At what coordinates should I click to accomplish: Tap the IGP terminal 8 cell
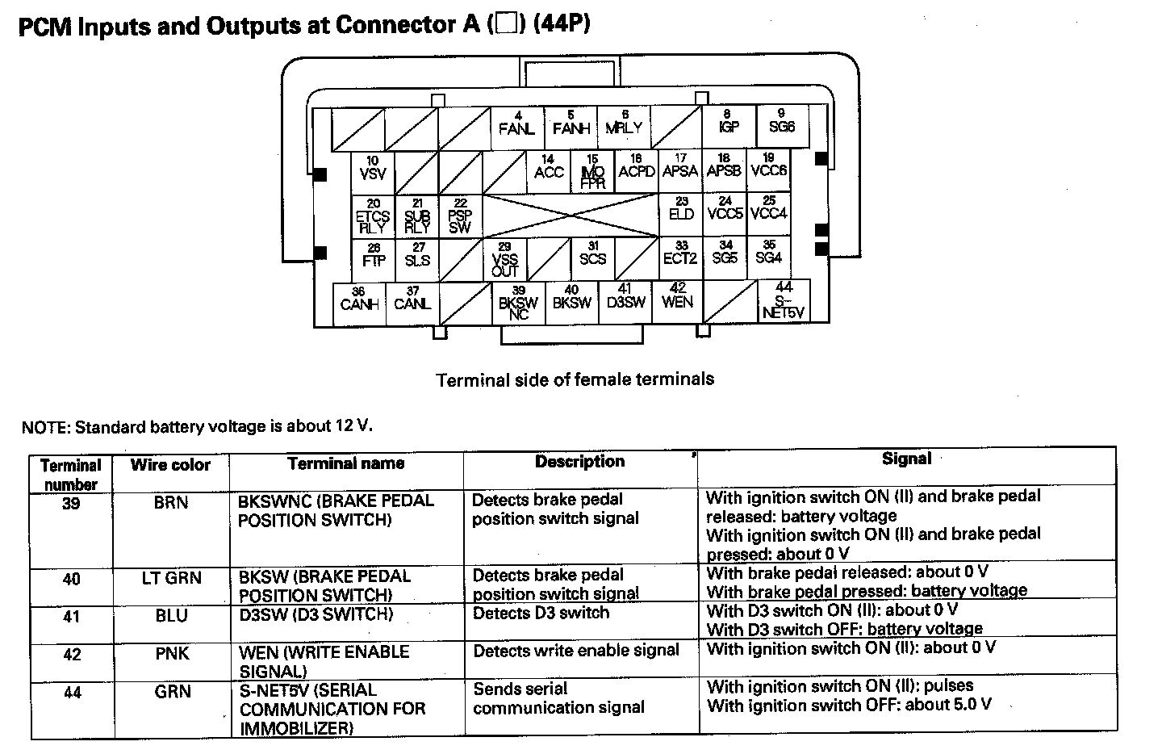pos(729,124)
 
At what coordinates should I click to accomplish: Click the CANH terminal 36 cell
pos(360,300)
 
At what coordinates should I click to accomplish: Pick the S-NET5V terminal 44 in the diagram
pos(784,301)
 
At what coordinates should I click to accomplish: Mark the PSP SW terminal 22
pos(460,216)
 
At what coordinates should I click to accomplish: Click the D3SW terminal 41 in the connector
pos(625,298)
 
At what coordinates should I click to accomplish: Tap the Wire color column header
pos(170,466)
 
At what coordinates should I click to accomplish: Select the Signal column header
pos(906,459)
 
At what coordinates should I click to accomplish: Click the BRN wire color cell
pos(170,503)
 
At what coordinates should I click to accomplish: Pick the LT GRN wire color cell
pos(171,578)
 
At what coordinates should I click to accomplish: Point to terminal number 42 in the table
pos(72,654)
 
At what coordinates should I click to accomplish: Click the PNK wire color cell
pos(172,653)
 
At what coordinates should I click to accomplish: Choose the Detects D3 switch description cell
pos(541,614)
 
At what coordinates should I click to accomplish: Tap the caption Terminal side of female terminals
pos(575,379)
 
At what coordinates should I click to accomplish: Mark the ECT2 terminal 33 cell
pos(680,255)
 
